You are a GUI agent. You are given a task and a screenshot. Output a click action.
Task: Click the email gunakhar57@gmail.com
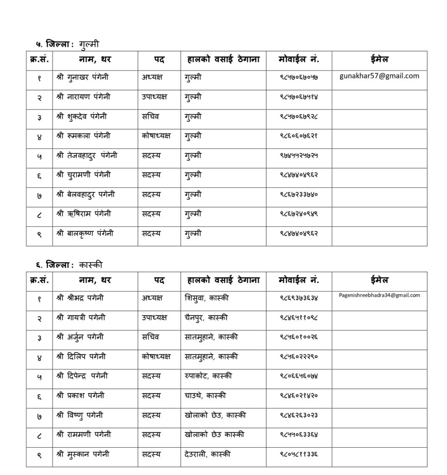pos(379,76)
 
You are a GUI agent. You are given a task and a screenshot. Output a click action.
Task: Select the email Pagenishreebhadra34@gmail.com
pos(379,295)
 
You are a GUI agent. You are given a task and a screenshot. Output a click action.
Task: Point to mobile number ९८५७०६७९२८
pos(299,116)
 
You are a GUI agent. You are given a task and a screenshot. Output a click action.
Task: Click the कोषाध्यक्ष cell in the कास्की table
pos(156,357)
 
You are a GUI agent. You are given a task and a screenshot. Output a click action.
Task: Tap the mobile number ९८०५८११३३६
pos(299,455)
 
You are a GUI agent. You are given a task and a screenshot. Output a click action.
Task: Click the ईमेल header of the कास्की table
pos(379,280)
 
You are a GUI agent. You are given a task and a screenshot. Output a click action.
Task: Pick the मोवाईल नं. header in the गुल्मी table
pos(299,59)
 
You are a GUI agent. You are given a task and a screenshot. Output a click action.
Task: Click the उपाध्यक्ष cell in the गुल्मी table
pos(155,96)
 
